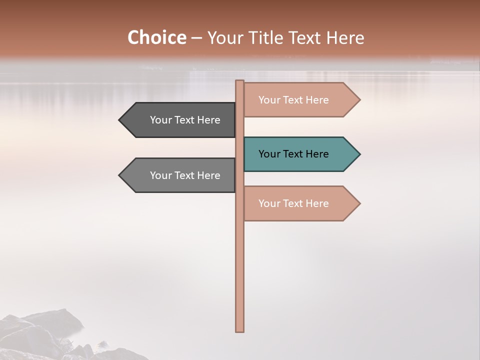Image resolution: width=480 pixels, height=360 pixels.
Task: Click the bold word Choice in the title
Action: [156, 37]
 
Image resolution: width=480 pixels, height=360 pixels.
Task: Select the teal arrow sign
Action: [300, 154]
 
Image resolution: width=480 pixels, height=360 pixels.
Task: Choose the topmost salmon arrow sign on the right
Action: [300, 100]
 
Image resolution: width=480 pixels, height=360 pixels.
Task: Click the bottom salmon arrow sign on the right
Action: [300, 203]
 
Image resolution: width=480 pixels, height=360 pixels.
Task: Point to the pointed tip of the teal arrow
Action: [359, 154]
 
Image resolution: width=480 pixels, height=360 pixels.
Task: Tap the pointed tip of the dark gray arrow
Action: [120, 120]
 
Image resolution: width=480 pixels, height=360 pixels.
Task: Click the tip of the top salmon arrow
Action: [359, 100]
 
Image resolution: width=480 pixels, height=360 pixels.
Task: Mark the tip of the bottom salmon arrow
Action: [359, 203]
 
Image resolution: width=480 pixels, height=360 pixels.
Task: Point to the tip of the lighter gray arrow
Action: [120, 175]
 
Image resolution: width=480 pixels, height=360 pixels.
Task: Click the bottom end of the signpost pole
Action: [240, 330]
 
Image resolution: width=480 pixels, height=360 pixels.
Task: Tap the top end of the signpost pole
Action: [240, 82]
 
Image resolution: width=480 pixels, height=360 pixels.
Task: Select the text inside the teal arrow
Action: [293, 154]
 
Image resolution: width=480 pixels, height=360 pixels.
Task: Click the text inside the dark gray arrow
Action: [185, 120]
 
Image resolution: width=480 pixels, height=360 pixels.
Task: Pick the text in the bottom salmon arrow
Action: [293, 203]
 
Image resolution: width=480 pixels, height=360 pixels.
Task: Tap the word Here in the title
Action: [346, 38]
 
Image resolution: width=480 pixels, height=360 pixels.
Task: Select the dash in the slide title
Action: [196, 38]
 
